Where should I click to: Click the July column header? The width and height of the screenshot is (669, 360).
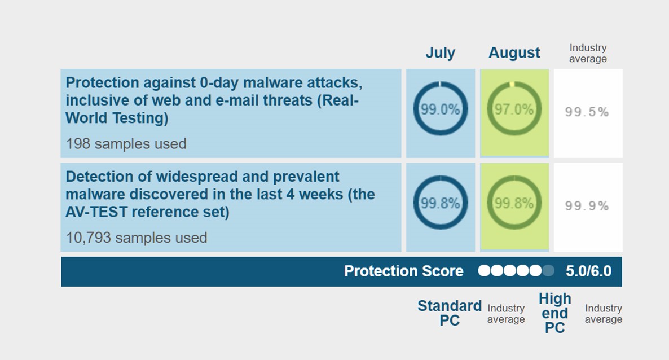point(440,53)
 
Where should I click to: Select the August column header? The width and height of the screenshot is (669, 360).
point(514,53)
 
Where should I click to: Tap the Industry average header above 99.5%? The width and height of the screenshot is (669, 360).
point(588,54)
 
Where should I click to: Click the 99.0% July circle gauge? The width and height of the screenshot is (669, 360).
point(440,109)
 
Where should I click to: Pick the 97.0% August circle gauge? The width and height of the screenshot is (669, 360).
point(514,109)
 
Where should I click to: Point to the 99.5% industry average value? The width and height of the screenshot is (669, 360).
point(587,112)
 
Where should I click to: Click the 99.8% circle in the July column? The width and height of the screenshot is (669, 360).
point(440,204)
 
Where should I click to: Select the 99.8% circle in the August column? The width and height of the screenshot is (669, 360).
point(514,204)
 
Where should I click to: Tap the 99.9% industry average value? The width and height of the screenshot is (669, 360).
point(587,207)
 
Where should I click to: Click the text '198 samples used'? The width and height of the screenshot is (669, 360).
point(126,144)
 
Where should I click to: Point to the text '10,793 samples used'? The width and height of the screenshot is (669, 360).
point(136,238)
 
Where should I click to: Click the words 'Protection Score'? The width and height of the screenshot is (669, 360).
point(403,271)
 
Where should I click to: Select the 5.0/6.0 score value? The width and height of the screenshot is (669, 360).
point(588,271)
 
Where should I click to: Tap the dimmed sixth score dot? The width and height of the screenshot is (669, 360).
point(548,271)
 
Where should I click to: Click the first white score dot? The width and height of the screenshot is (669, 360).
point(484,271)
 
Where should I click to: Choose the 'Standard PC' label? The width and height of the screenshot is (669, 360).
point(449,313)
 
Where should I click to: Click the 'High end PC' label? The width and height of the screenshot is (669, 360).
point(554,313)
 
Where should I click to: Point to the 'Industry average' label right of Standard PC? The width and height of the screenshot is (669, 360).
point(506,314)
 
